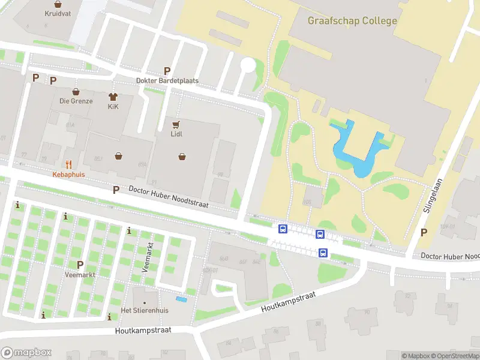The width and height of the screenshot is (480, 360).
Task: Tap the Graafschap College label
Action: pyautogui.click(x=352, y=21)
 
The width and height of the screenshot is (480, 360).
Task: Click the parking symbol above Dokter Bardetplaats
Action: pyautogui.click(x=167, y=71)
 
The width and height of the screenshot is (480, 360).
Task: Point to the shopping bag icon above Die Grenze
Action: pyautogui.click(x=76, y=92)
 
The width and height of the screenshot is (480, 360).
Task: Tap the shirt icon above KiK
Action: pyautogui.click(x=112, y=97)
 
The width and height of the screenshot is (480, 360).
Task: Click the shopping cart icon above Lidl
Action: pyautogui.click(x=176, y=124)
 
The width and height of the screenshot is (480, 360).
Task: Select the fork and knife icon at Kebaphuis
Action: pyautogui.click(x=68, y=164)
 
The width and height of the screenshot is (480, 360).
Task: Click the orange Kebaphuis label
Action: pyautogui.click(x=68, y=174)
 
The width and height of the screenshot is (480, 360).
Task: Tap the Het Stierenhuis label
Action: pyautogui.click(x=145, y=310)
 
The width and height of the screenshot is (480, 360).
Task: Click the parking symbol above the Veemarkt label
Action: pyautogui.click(x=80, y=265)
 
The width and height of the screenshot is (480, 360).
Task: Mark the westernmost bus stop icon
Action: pyautogui.click(x=283, y=228)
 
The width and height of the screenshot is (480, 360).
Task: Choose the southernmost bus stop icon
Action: pyautogui.click(x=323, y=253)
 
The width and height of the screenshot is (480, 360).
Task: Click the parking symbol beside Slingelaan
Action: pyautogui.click(x=424, y=233)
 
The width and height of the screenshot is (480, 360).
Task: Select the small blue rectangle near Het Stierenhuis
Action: pyautogui.click(x=181, y=299)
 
